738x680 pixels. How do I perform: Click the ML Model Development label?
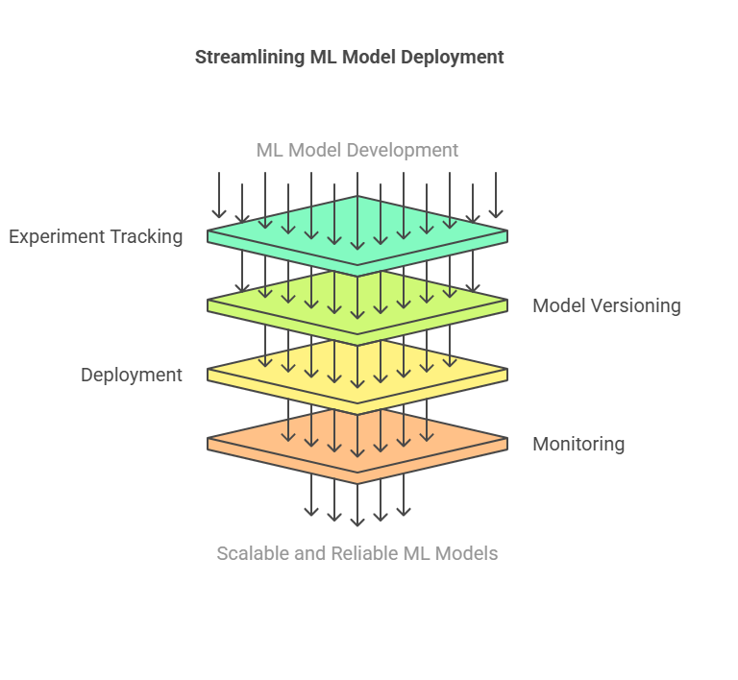click(357, 150)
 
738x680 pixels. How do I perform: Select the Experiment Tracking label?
click(96, 236)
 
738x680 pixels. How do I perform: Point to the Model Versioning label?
click(606, 305)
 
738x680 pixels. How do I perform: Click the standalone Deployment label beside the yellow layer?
click(132, 375)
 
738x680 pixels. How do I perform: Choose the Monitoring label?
click(578, 444)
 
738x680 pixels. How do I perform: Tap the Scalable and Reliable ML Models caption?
click(357, 553)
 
